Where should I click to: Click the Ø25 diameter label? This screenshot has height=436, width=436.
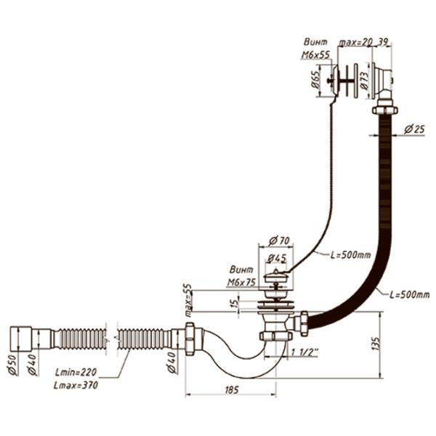[x=414, y=129]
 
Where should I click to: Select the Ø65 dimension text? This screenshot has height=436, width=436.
[x=318, y=78]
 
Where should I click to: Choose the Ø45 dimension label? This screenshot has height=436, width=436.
[x=276, y=258]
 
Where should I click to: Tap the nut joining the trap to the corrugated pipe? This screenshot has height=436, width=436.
[x=190, y=338]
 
